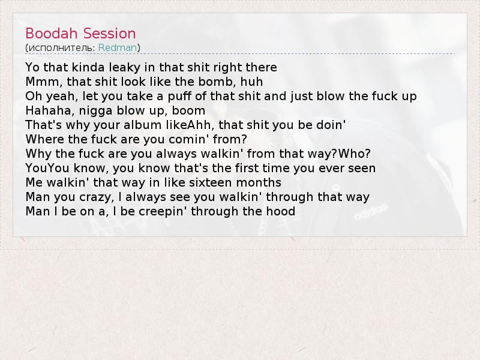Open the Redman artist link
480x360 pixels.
click(118, 48)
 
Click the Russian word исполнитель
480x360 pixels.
click(62, 48)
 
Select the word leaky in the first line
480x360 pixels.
click(124, 67)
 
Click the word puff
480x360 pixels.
click(179, 96)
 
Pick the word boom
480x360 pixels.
click(188, 110)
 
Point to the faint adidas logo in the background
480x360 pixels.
click(371, 212)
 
